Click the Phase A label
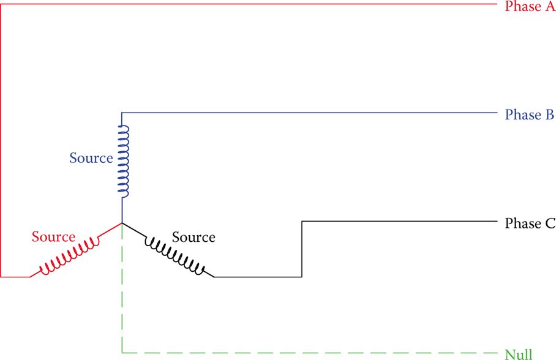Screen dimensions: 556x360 [530, 7]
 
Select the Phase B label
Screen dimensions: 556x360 [530, 114]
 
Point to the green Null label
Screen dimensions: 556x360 [518, 353]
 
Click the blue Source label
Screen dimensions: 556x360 [91, 158]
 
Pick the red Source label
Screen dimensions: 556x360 [53, 236]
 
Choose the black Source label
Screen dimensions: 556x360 [193, 237]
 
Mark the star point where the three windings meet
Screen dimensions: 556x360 [122, 223]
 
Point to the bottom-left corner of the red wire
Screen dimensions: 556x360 [1, 277]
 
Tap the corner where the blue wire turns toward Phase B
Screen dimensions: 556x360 [122, 113]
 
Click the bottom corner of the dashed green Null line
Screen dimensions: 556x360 [122, 353]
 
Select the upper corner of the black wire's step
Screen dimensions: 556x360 [302, 220]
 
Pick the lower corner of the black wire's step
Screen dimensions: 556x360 [302, 277]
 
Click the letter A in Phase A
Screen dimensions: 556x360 [549, 7]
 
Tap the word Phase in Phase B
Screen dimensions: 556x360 [522, 114]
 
